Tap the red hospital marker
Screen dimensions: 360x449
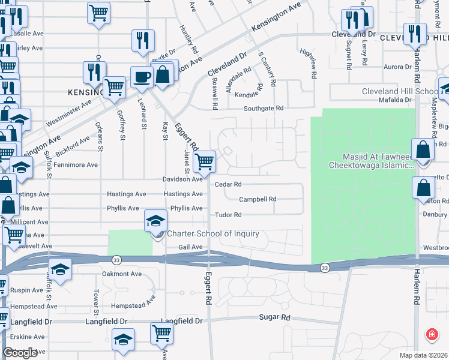(x=431, y=334)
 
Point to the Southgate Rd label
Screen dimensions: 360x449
(x=263, y=109)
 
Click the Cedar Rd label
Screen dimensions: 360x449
(x=228, y=184)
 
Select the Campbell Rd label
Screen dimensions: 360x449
(x=258, y=199)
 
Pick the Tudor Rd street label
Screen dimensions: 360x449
(x=228, y=214)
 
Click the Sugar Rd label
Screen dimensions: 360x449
(x=274, y=317)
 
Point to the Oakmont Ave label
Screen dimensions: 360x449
(x=122, y=274)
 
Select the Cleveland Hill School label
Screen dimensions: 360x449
(x=400, y=91)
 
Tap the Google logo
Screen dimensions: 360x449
(x=20, y=353)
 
